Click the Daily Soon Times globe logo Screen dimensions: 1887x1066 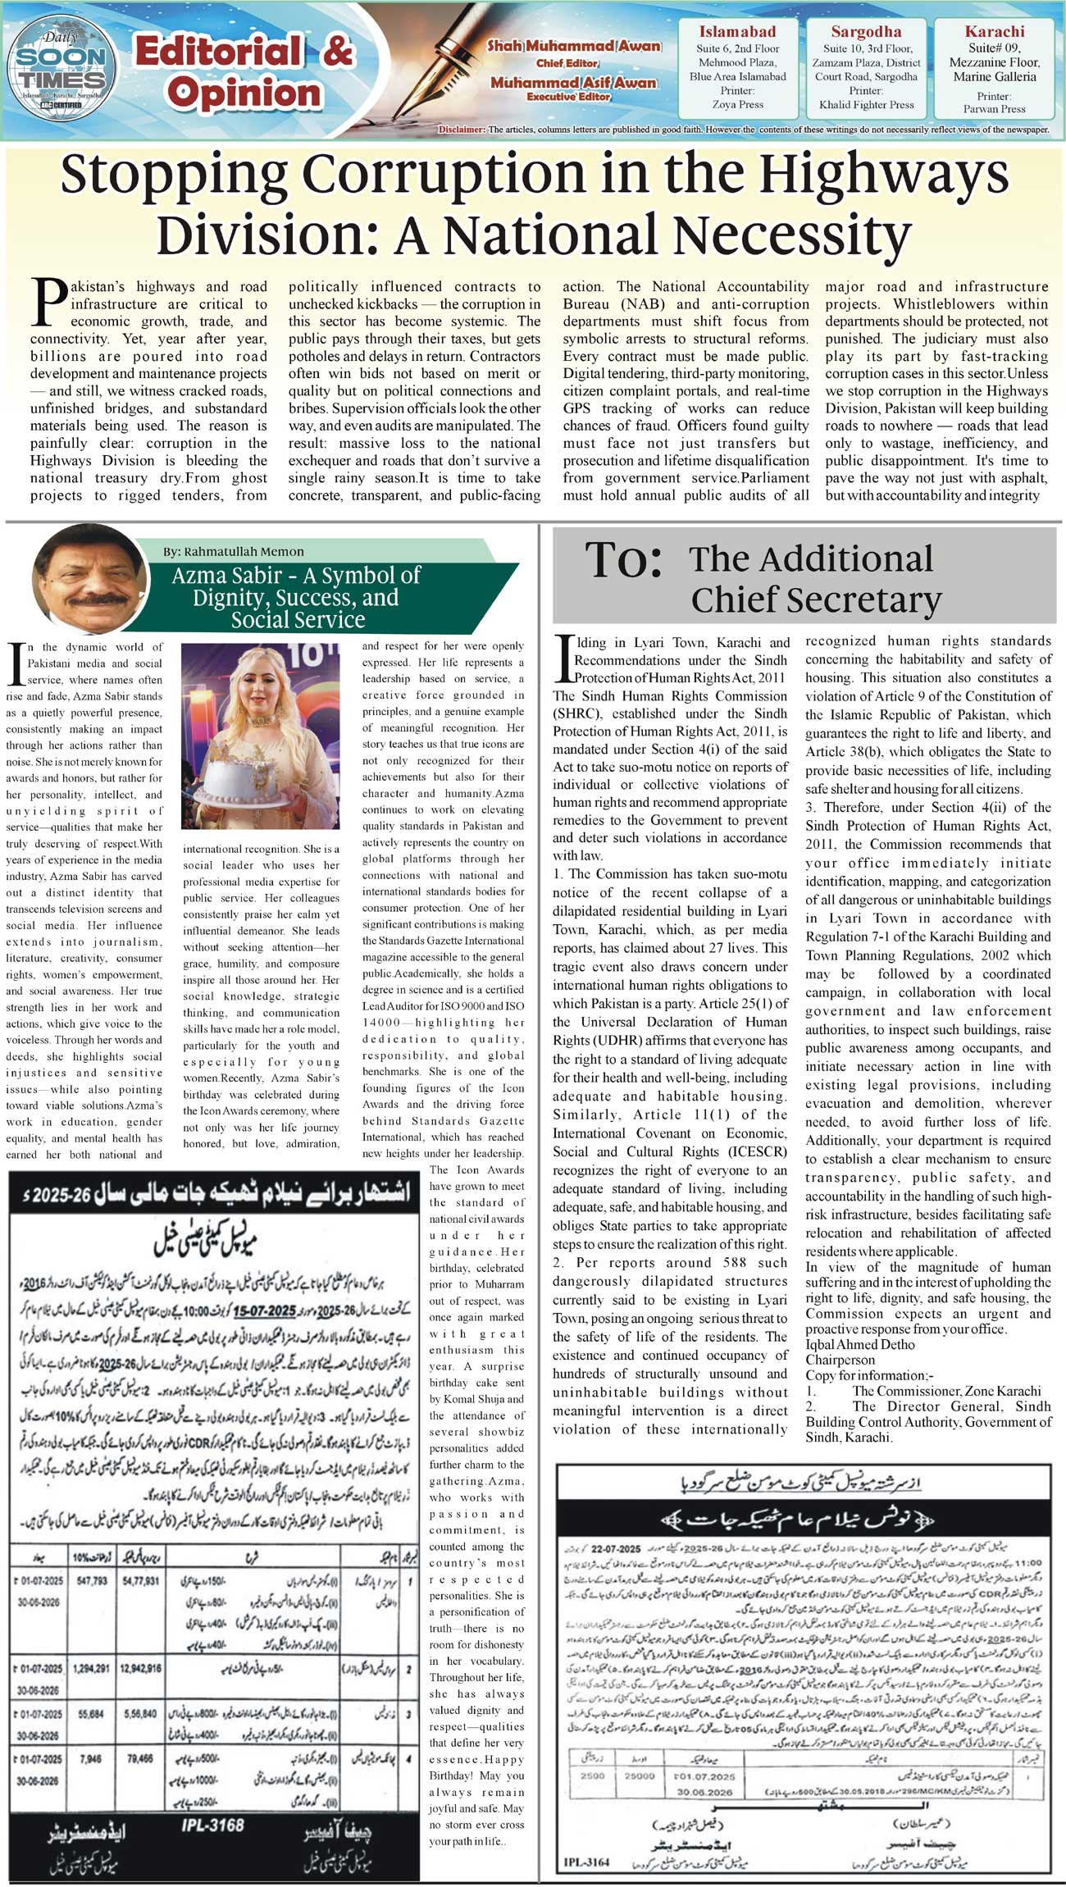point(62,70)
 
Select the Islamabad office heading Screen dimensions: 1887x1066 point(737,32)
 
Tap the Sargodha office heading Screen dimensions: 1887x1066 point(866,32)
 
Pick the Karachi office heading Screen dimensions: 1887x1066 point(994,32)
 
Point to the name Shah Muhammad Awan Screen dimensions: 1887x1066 point(574,47)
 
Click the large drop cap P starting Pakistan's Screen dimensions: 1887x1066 point(48,301)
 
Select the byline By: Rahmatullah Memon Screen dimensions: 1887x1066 point(233,552)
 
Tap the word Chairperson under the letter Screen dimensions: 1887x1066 point(840,1360)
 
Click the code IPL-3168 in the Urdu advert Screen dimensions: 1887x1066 point(212,1825)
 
